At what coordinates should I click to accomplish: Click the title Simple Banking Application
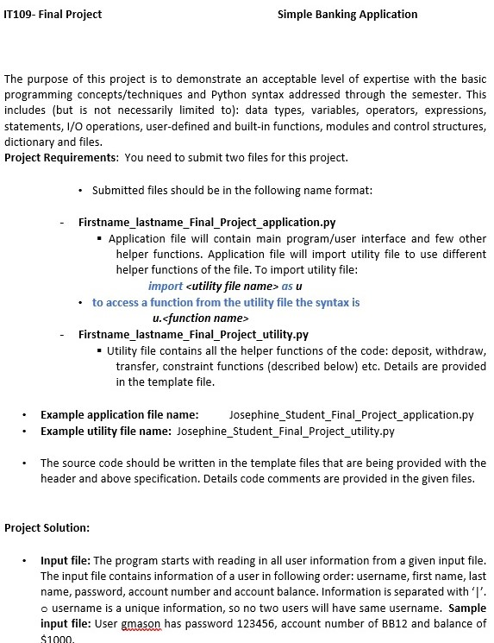(x=347, y=14)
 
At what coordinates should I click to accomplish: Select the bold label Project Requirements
(x=61, y=157)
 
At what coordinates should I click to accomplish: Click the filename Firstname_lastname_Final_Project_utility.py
(x=193, y=334)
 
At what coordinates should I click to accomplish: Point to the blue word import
(x=166, y=286)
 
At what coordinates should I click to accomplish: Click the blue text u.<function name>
(x=188, y=318)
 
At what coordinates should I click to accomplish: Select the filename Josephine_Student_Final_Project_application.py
(x=352, y=414)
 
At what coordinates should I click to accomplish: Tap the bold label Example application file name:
(x=120, y=414)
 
